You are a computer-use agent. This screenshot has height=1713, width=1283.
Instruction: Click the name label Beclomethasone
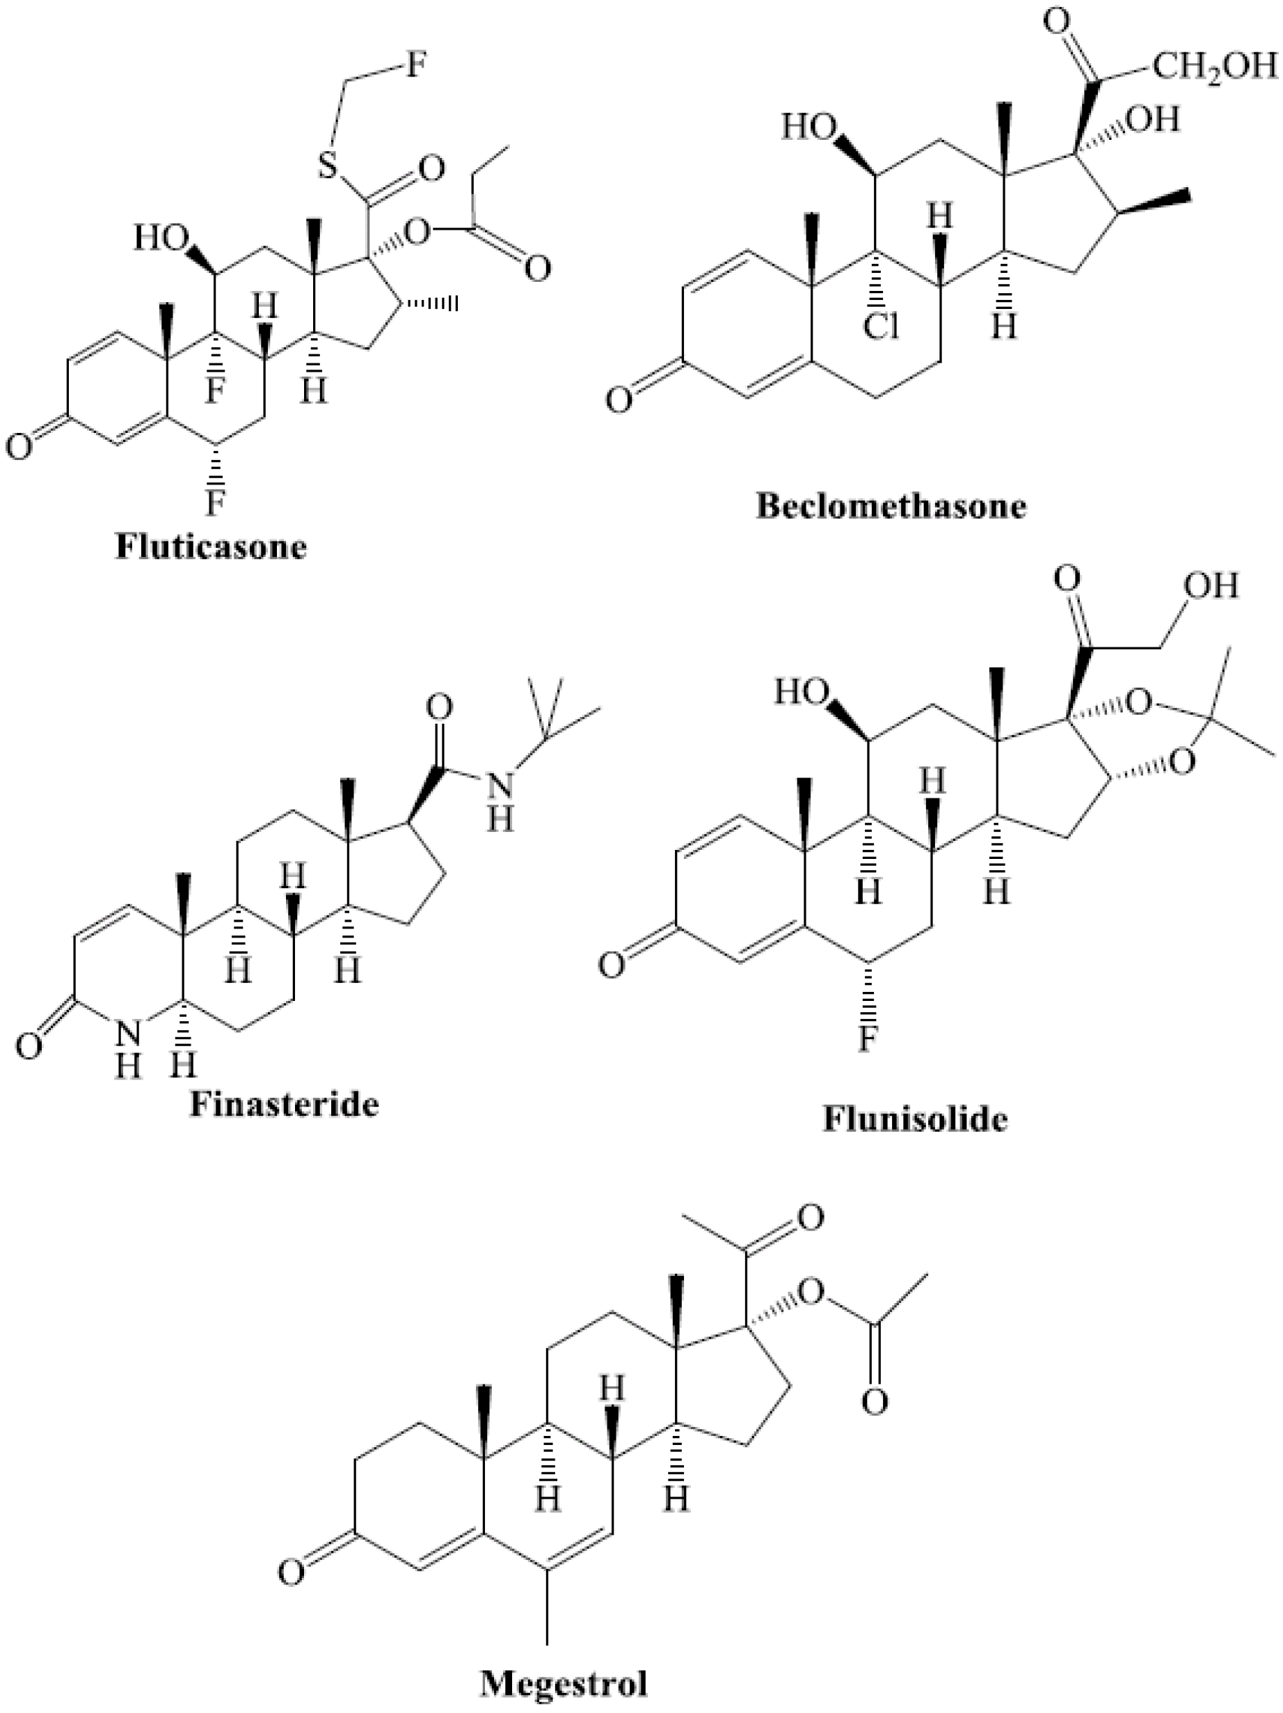point(891,507)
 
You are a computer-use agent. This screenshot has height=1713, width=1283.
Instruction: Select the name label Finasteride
point(284,1103)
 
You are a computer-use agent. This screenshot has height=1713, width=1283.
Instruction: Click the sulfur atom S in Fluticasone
point(328,164)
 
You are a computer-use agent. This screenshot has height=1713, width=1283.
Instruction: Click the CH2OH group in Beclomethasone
point(1213,67)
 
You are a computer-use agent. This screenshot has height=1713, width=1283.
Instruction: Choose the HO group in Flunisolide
point(802,692)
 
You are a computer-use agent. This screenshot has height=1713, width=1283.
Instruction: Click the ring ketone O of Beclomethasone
point(619,400)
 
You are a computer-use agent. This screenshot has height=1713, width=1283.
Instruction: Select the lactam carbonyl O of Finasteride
point(29,1046)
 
